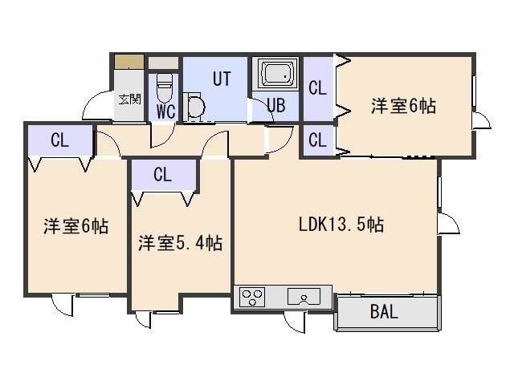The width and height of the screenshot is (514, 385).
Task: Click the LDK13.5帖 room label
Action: point(341,225)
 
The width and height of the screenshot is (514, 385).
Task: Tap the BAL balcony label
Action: point(384,311)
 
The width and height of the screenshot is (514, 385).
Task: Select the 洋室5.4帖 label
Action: point(180,243)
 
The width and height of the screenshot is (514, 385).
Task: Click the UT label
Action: point(222,79)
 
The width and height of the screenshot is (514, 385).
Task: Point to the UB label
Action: point(276,105)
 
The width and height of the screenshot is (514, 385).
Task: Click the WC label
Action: point(166,111)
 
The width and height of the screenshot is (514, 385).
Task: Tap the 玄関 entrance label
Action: point(130,99)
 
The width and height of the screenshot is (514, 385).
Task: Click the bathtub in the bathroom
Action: point(275,74)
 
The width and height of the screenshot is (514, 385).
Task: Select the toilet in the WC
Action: point(164,87)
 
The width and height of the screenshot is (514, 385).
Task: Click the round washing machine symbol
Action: point(195,107)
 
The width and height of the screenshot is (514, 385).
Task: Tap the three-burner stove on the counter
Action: point(251,297)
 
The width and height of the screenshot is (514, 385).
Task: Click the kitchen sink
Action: point(304,296)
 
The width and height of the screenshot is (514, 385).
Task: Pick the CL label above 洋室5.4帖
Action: point(162,174)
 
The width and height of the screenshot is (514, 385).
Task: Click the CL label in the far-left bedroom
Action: point(59,140)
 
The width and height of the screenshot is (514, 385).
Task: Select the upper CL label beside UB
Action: point(318,88)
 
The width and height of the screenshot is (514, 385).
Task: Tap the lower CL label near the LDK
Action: point(318,140)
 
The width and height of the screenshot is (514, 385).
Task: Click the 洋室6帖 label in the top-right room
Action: point(403,106)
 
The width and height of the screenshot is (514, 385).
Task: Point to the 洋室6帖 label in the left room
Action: point(76,226)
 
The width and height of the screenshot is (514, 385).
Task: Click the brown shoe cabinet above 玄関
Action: point(129,62)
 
